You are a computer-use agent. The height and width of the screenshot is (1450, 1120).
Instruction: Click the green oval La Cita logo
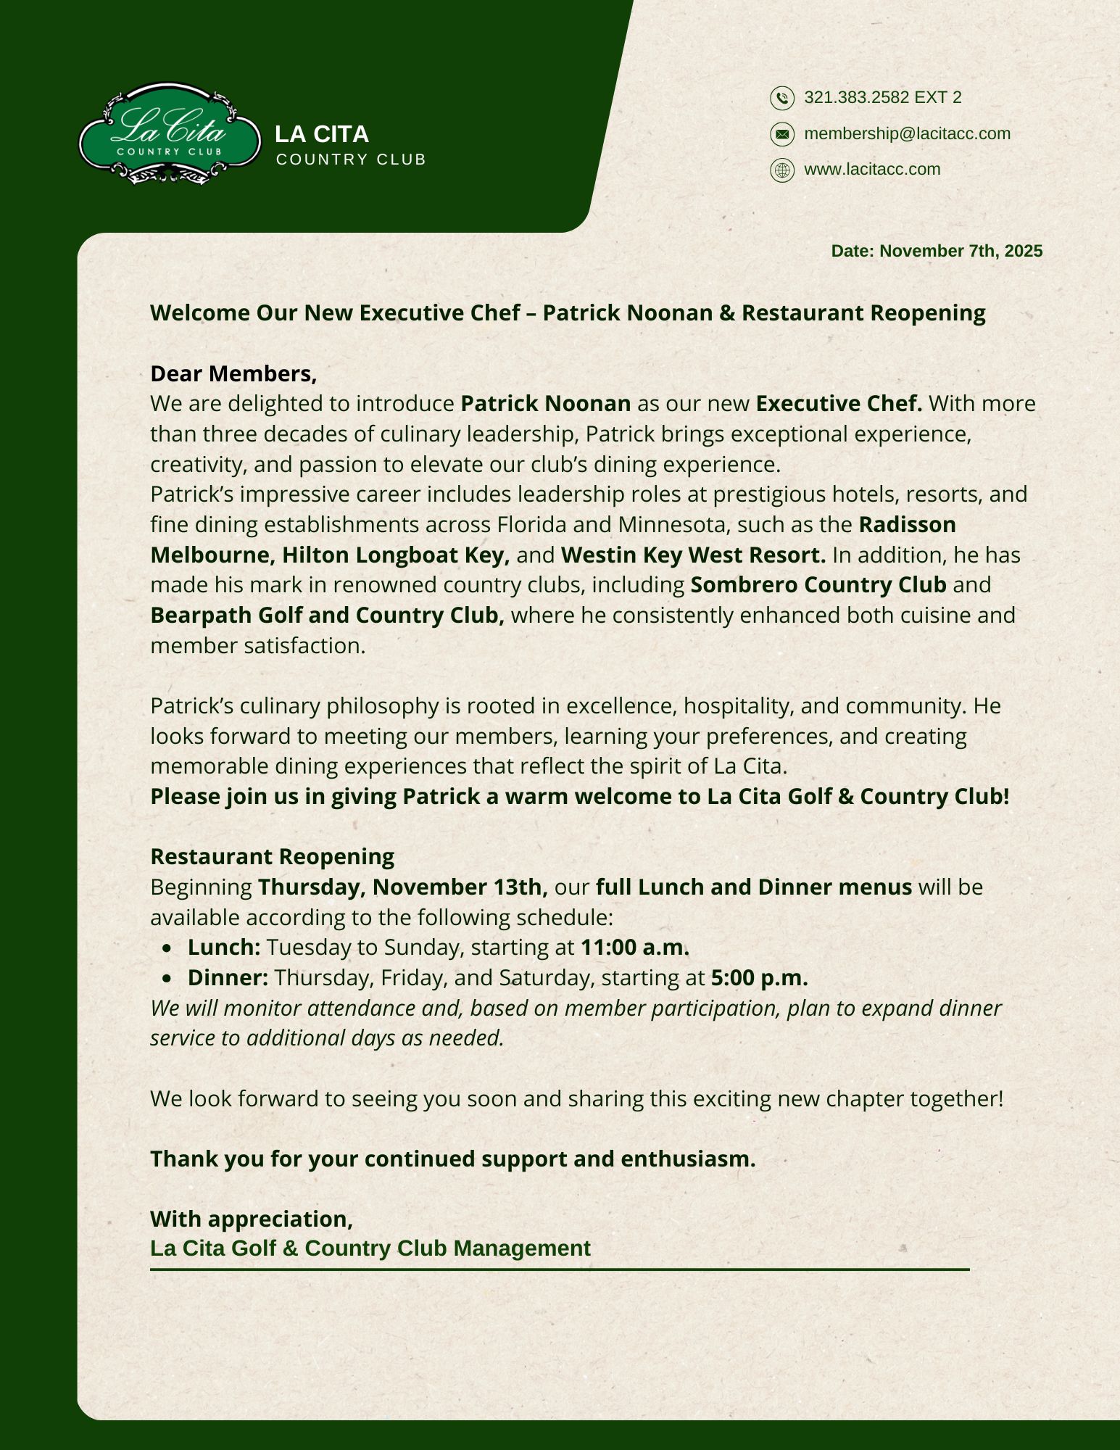170,134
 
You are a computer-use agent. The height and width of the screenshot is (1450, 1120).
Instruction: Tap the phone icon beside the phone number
781,98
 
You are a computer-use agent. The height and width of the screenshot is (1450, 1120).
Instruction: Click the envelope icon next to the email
781,134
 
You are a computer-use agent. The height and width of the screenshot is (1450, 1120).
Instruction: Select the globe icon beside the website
781,170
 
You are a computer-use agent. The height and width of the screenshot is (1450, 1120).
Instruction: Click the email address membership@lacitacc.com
907,133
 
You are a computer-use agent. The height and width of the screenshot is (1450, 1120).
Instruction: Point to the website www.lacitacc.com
872,169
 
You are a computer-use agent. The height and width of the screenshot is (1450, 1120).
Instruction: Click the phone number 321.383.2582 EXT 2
883,97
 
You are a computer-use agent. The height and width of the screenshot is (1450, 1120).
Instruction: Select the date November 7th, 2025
961,251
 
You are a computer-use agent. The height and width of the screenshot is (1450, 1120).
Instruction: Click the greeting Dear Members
233,373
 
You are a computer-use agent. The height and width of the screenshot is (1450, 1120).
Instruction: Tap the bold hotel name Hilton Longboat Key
396,555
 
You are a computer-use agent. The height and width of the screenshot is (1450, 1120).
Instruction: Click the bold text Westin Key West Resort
693,555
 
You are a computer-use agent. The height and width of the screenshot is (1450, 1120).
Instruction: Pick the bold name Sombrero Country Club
818,585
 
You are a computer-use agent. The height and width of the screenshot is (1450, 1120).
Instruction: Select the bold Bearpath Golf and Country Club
327,616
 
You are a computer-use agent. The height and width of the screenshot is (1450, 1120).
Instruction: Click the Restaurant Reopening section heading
272,857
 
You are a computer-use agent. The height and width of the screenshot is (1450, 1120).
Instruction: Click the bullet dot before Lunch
168,948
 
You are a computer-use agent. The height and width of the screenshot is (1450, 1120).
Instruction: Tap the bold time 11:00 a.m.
635,948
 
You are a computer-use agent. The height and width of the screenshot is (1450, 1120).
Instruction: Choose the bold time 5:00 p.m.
759,978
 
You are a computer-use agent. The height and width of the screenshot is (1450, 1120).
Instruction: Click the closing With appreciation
252,1219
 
